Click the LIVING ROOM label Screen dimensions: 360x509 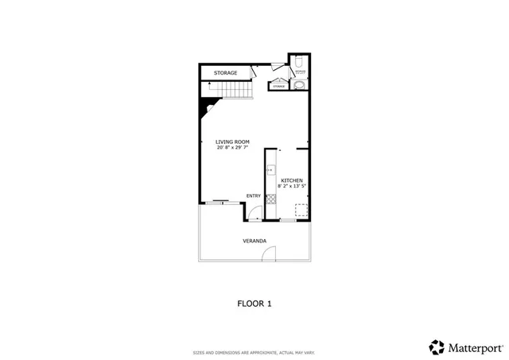click(232, 141)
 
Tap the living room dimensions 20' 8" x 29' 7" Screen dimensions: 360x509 click(232, 147)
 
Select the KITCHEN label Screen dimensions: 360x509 click(292, 180)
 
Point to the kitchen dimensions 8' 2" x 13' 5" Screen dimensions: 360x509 click(292, 186)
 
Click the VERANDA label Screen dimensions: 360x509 click(254, 240)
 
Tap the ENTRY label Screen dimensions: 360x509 click(253, 196)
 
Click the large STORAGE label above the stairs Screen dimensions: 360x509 click(225, 73)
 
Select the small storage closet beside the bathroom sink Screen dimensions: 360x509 click(279, 86)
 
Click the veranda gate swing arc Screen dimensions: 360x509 click(269, 255)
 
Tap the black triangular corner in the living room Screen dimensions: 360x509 click(205, 109)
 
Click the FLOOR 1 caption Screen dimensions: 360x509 click(254, 303)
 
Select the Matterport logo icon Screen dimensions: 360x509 click(437, 346)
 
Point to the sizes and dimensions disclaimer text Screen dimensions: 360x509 click(254, 352)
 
